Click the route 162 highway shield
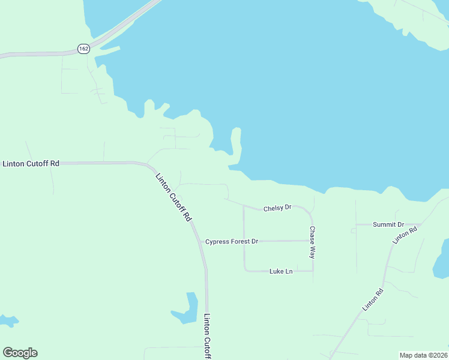83,48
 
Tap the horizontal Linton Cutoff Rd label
31,163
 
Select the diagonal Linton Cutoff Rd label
173,197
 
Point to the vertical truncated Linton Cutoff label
207,337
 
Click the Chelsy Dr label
277,208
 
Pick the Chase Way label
312,242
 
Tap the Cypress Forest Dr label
231,241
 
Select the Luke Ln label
281,271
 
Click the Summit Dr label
388,224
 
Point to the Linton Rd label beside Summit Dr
405,235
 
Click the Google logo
20,353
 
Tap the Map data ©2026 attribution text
423,355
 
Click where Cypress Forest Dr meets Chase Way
312,241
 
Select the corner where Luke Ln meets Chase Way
313,271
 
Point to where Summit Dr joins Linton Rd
421,224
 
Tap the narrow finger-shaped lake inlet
235,144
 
